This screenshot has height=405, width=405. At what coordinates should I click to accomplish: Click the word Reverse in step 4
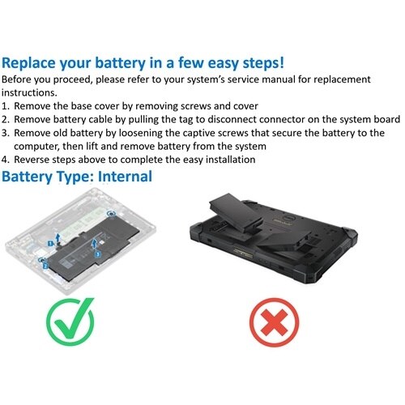(35, 160)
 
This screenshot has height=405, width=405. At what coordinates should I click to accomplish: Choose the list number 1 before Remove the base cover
(6, 106)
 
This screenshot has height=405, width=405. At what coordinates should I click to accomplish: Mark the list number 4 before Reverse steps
(6, 160)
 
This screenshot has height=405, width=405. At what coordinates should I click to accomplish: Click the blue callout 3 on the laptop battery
(98, 254)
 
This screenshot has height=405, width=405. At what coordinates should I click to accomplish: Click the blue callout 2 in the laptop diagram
(46, 264)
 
